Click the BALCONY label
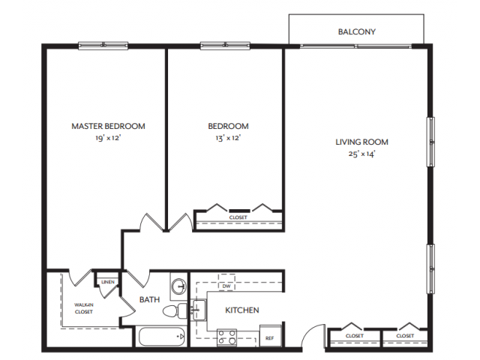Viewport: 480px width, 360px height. [x=356, y=32]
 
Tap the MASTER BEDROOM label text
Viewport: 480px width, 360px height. [x=108, y=126]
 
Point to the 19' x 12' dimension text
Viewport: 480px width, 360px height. [x=108, y=138]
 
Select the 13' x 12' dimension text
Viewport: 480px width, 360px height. [x=228, y=138]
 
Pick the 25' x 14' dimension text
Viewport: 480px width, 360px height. [x=361, y=154]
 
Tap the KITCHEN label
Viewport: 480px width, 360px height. [x=242, y=310]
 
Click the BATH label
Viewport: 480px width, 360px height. [x=150, y=300]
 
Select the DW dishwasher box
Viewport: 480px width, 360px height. [x=226, y=286]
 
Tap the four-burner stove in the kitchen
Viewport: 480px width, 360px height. [x=226, y=337]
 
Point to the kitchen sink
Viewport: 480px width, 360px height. [x=199, y=309]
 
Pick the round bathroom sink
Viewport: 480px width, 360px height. [x=178, y=286]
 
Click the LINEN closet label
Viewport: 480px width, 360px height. [x=107, y=282]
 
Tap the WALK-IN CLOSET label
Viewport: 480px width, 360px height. [x=83, y=308]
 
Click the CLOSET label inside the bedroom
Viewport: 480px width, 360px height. [x=238, y=218]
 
